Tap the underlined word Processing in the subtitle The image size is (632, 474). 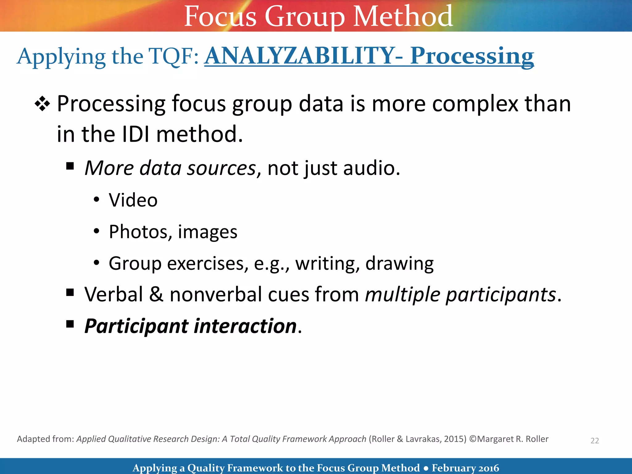point(472,56)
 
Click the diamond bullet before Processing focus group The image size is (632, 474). point(42,104)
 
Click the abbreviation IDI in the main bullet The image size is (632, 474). point(136,134)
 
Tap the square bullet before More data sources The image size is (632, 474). point(70,166)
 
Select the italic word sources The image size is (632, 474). point(221,168)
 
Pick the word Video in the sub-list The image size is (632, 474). point(133,200)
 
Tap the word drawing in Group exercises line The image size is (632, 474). point(399,264)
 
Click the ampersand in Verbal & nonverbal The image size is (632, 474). point(156,294)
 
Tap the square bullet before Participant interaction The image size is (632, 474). point(70,324)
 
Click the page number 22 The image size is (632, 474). point(594,441)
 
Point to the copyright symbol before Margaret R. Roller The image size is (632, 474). point(473,439)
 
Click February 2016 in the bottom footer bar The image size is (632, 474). point(465,468)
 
